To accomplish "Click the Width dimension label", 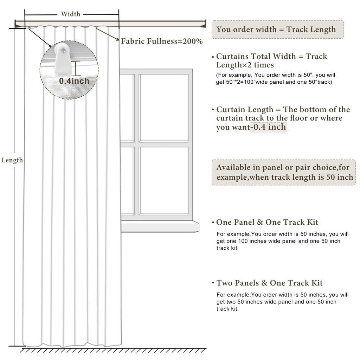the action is [70, 14].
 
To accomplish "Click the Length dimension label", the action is [12, 160].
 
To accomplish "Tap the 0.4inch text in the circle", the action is [74, 81].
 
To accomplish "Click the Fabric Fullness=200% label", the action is [162, 41].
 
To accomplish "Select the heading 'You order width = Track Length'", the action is [276, 30].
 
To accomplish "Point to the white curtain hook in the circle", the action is [62, 59].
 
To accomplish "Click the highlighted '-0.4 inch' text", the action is [268, 127].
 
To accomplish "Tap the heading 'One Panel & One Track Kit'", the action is [267, 222].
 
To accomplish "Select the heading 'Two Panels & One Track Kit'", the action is [269, 283].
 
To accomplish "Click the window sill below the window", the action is [160, 226].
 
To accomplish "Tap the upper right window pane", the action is [164, 107].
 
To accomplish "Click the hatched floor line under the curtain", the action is [113, 350].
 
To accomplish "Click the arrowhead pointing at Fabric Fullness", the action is [118, 39].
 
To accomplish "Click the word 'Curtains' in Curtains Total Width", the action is [232, 56].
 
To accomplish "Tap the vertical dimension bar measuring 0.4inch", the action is [76, 68].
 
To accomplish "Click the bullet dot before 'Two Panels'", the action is [213, 283].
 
